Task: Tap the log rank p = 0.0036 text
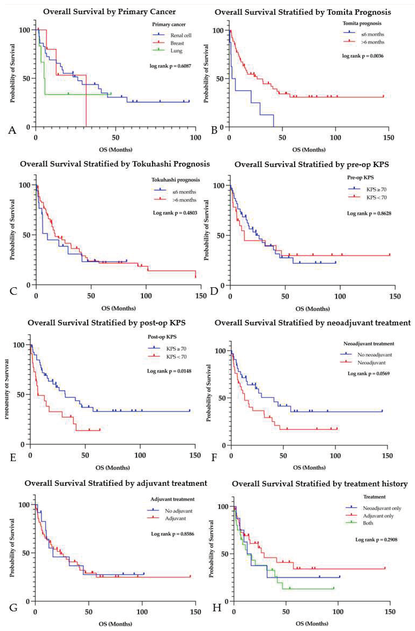tap(363, 56)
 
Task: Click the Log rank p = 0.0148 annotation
tap(169, 371)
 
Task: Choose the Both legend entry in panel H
tap(368, 523)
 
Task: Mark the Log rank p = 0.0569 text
tap(368, 374)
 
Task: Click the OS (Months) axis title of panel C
tap(118, 308)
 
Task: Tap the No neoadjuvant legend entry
tap(374, 355)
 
